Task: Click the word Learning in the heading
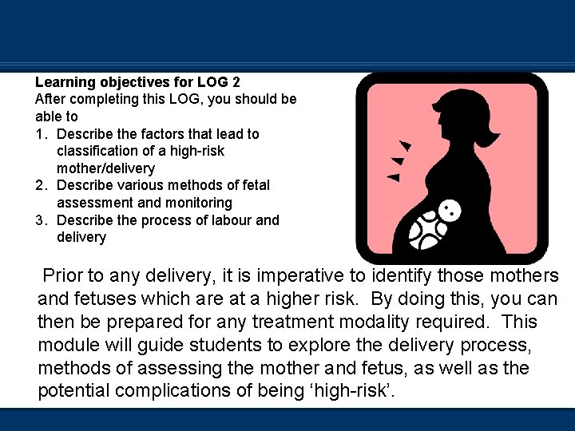(x=65, y=82)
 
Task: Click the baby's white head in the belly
(x=450, y=212)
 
